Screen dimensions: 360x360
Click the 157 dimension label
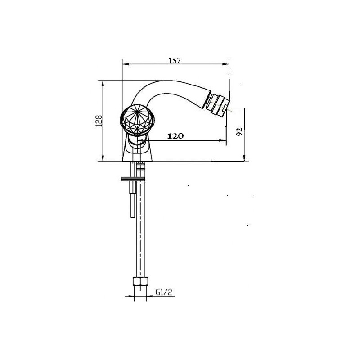(175, 60)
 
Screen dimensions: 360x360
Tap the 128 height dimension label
(99, 121)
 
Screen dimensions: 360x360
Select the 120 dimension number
(175, 136)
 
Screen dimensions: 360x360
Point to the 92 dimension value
(239, 131)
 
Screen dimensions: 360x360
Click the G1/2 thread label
(164, 292)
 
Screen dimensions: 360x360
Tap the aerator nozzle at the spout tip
(217, 105)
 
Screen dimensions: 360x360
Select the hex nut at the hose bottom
(140, 282)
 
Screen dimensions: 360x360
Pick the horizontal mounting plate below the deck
(133, 179)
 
